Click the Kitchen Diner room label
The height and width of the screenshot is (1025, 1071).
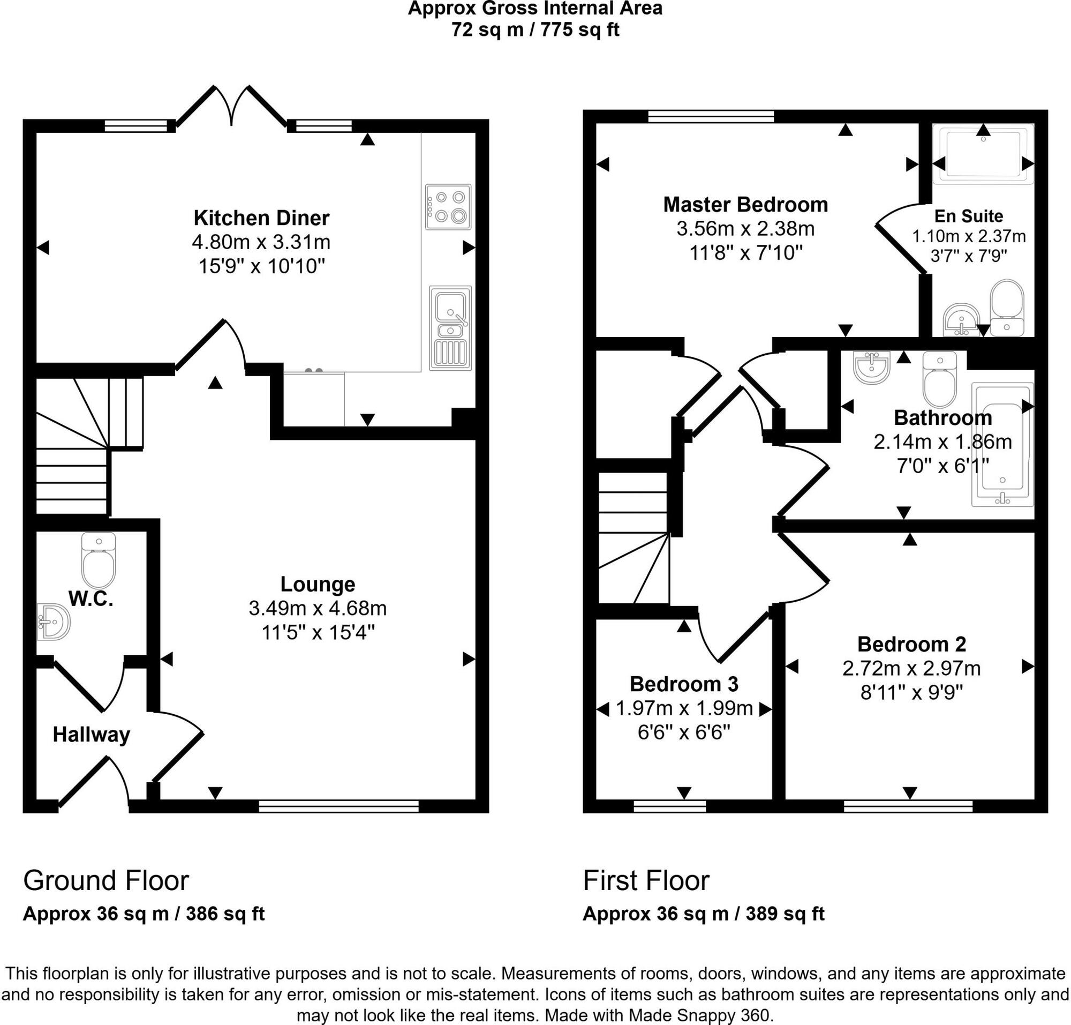click(x=261, y=218)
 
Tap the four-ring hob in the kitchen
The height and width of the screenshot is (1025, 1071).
click(x=448, y=206)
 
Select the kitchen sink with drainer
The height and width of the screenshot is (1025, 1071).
click(x=450, y=327)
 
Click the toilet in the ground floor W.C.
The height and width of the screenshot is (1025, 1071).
click(x=99, y=559)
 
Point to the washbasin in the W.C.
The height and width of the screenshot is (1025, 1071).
click(x=54, y=622)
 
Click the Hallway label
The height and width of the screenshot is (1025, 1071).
click(x=91, y=735)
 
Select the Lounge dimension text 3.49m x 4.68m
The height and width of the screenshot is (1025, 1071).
click(x=318, y=608)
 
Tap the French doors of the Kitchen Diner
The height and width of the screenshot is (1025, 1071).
click(x=231, y=107)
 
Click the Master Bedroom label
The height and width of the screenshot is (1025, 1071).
click(x=745, y=204)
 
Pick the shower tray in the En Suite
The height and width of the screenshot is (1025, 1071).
click(x=983, y=154)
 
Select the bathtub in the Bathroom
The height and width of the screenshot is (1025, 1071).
click(x=1002, y=444)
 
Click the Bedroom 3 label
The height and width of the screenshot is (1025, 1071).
click(x=684, y=684)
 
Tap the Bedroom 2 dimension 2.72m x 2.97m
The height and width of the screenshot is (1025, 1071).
click(x=911, y=668)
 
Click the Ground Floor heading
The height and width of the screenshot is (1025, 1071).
click(x=106, y=880)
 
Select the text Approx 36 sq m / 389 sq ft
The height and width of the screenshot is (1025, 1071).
click(x=703, y=914)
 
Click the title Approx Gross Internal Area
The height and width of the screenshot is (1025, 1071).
click(x=534, y=8)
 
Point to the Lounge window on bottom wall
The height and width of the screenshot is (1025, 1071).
click(x=338, y=806)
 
